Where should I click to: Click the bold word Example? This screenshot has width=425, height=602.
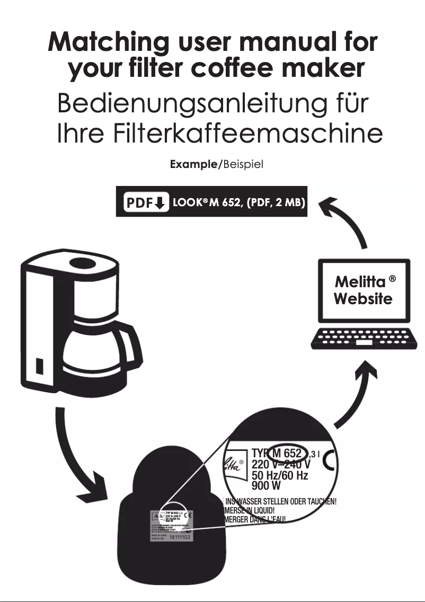[x=193, y=164]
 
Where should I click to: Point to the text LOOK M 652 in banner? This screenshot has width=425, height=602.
[x=203, y=203]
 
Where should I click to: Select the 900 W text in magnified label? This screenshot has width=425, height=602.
[x=266, y=485]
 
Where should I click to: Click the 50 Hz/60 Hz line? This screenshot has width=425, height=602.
[x=279, y=475]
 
